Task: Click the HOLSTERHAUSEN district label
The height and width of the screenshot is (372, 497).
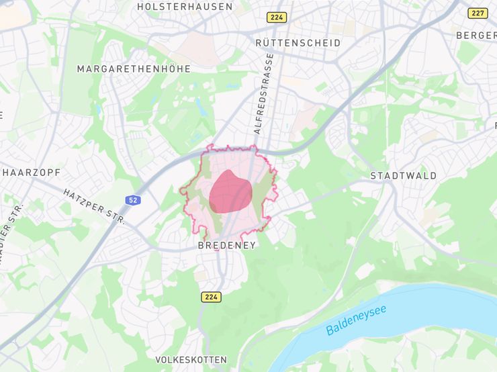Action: coord(185,7)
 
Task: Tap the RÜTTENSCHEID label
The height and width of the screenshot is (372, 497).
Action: coord(298,42)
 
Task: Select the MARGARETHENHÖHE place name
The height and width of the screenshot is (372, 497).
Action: coord(134,68)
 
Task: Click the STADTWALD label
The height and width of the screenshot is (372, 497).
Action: coord(403,176)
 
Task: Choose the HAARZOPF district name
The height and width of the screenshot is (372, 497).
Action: coord(32,173)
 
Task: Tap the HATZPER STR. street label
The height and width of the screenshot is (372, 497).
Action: coord(94,206)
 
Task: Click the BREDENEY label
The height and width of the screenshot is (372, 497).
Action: coord(227,246)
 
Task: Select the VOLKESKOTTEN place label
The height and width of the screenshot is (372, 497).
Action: coord(191,360)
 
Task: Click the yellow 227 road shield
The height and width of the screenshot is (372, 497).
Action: coord(478,13)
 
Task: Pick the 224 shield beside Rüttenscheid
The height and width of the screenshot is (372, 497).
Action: coord(275,17)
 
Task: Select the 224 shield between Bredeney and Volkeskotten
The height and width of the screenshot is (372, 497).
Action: coord(210,296)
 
